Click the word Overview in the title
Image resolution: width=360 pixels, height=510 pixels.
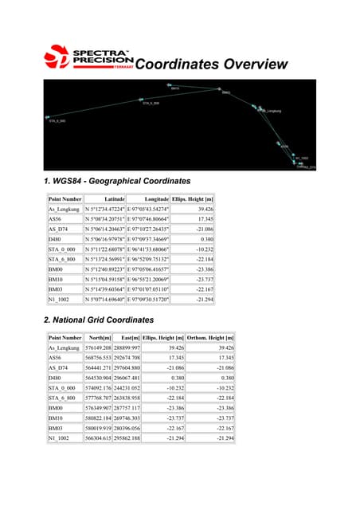click(x=252, y=65)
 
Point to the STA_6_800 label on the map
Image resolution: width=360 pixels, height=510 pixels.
click(x=151, y=104)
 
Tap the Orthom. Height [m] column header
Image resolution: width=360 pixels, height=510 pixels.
click(x=211, y=338)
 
